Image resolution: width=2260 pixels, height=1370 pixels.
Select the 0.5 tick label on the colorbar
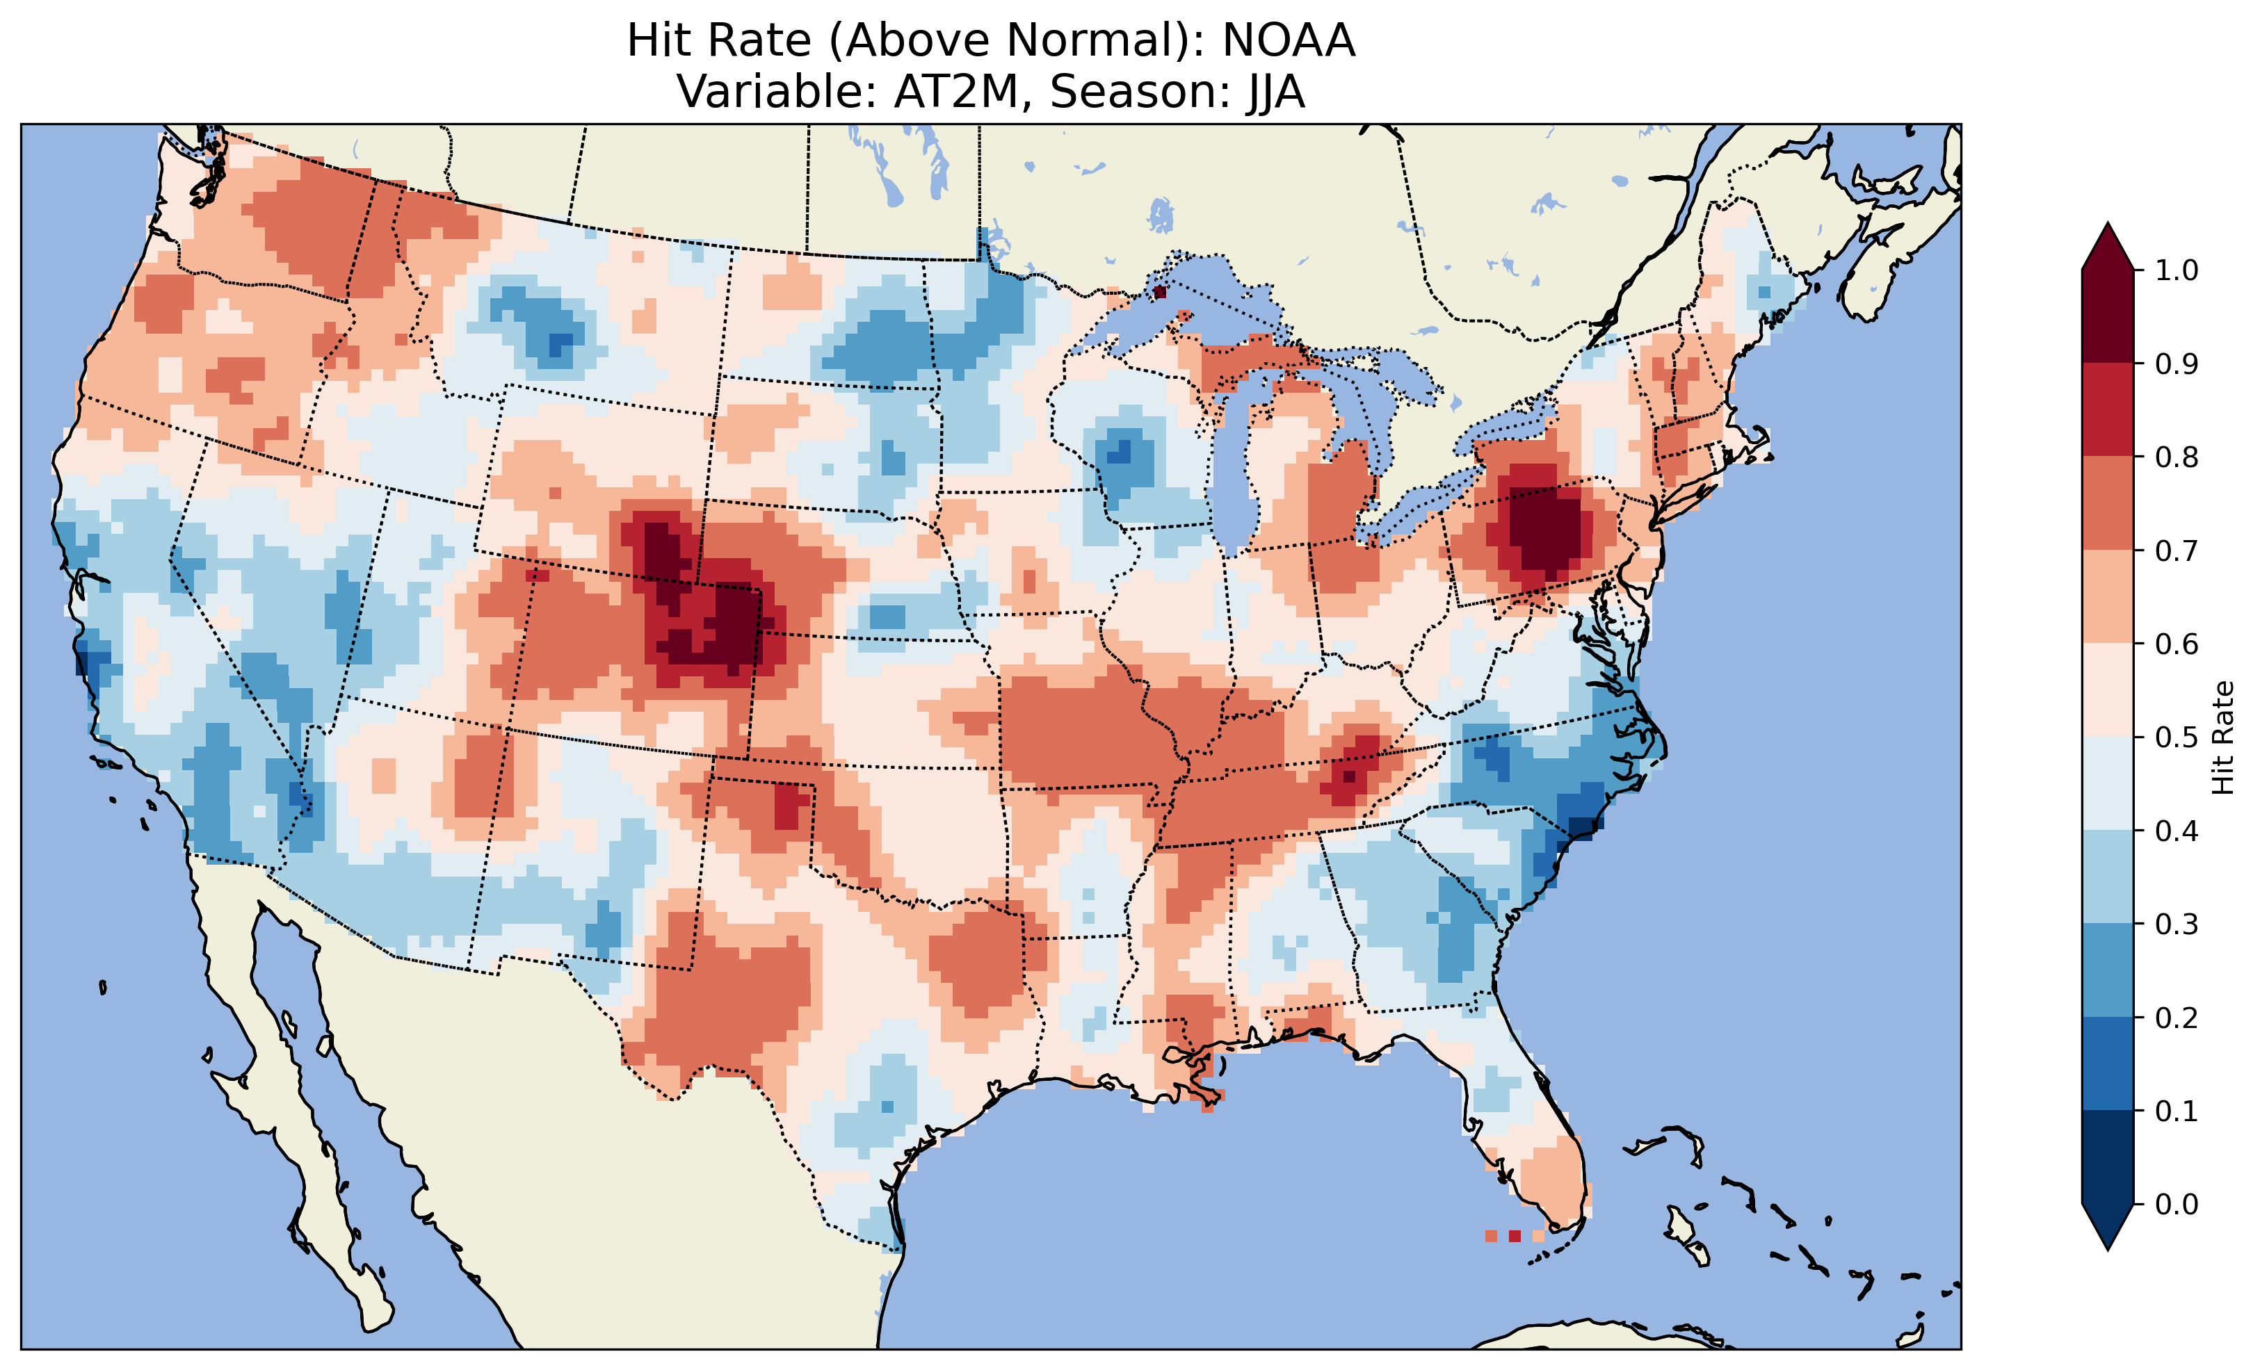point(2177,737)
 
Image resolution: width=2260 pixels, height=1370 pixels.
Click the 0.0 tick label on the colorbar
point(2177,1204)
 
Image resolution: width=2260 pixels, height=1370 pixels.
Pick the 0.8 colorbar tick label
point(2177,457)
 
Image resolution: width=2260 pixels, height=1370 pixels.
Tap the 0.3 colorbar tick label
point(2177,924)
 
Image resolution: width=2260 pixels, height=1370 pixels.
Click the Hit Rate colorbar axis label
point(2222,737)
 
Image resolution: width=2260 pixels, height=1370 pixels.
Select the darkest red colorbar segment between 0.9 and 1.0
point(2108,316)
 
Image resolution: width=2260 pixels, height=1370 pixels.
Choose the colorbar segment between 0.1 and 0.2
point(2108,1063)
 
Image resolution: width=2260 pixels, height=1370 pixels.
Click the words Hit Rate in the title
point(719,41)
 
